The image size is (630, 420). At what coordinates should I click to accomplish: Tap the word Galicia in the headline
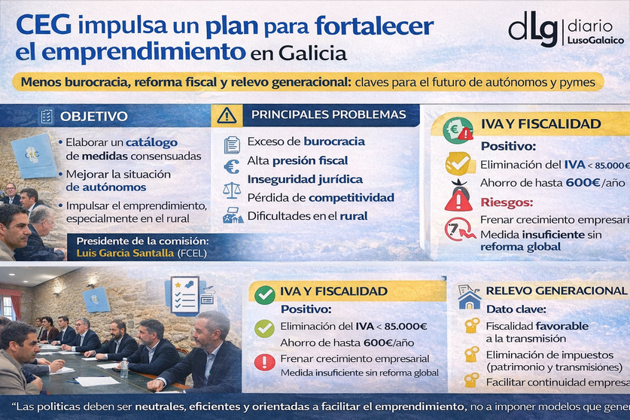[312, 54]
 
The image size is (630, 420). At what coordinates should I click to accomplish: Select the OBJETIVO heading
[94, 116]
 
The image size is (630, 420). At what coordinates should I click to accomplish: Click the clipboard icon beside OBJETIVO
[47, 116]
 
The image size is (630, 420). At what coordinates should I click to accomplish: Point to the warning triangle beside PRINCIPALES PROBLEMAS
[227, 115]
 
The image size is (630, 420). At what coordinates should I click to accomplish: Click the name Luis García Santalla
[125, 253]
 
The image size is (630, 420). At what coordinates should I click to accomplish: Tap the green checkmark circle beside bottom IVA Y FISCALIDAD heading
[264, 294]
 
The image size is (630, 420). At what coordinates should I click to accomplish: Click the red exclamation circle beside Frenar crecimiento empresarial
[264, 362]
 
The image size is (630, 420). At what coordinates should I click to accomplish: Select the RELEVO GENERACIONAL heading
[556, 291]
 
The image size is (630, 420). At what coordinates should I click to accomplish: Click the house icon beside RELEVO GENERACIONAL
[470, 299]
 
